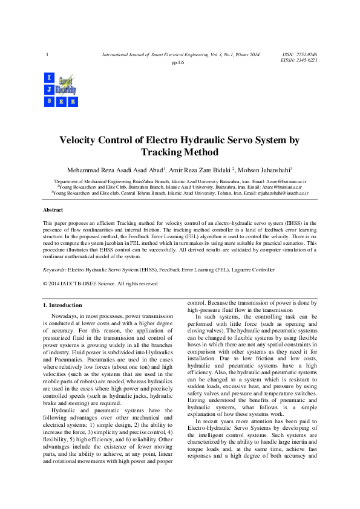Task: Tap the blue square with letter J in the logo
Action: point(48,89)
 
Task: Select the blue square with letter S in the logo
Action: point(48,101)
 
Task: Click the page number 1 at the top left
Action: point(47,56)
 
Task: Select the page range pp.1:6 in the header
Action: point(178,62)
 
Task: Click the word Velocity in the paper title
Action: point(80,140)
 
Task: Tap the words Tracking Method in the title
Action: point(179,152)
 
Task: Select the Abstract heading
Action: point(53,209)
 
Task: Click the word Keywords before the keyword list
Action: point(54,270)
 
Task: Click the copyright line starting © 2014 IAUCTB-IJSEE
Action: point(100,283)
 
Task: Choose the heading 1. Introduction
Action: point(62,305)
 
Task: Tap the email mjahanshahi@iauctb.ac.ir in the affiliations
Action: point(283,193)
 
